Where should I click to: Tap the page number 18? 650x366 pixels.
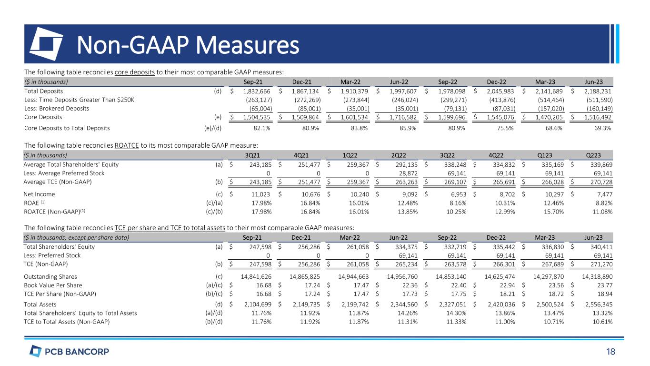pos(610,352)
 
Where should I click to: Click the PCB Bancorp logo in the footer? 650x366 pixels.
pos(70,352)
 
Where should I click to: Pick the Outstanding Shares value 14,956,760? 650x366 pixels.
pos(398,277)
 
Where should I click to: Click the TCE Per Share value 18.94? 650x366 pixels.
pos(604,294)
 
